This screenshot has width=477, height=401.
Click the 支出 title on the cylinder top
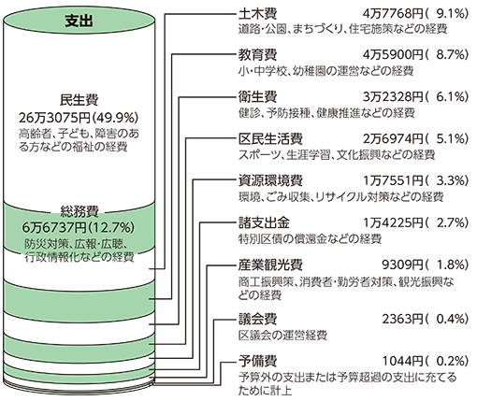point(79,21)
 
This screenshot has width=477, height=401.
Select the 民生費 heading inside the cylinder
point(79,100)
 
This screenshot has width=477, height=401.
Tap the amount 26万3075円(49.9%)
point(79,118)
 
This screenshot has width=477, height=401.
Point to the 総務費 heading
point(79,211)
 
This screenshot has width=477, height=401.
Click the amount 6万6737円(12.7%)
point(79,228)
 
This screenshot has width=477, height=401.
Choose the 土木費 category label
point(257,14)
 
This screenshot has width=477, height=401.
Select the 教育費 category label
point(257,55)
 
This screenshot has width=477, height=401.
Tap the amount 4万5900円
point(393,55)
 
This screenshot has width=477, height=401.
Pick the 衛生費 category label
point(257,97)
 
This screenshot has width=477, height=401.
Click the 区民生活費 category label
point(270,139)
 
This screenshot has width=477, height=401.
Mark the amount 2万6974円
point(393,139)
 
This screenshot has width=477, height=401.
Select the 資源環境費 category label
point(270,180)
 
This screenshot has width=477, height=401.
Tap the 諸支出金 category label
point(264,222)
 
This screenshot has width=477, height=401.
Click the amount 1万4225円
point(393,222)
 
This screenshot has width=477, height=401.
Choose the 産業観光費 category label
point(270,265)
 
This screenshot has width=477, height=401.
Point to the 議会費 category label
point(257,319)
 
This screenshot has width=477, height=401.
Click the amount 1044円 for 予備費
point(403,361)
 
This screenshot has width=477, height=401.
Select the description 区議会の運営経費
point(282,336)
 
